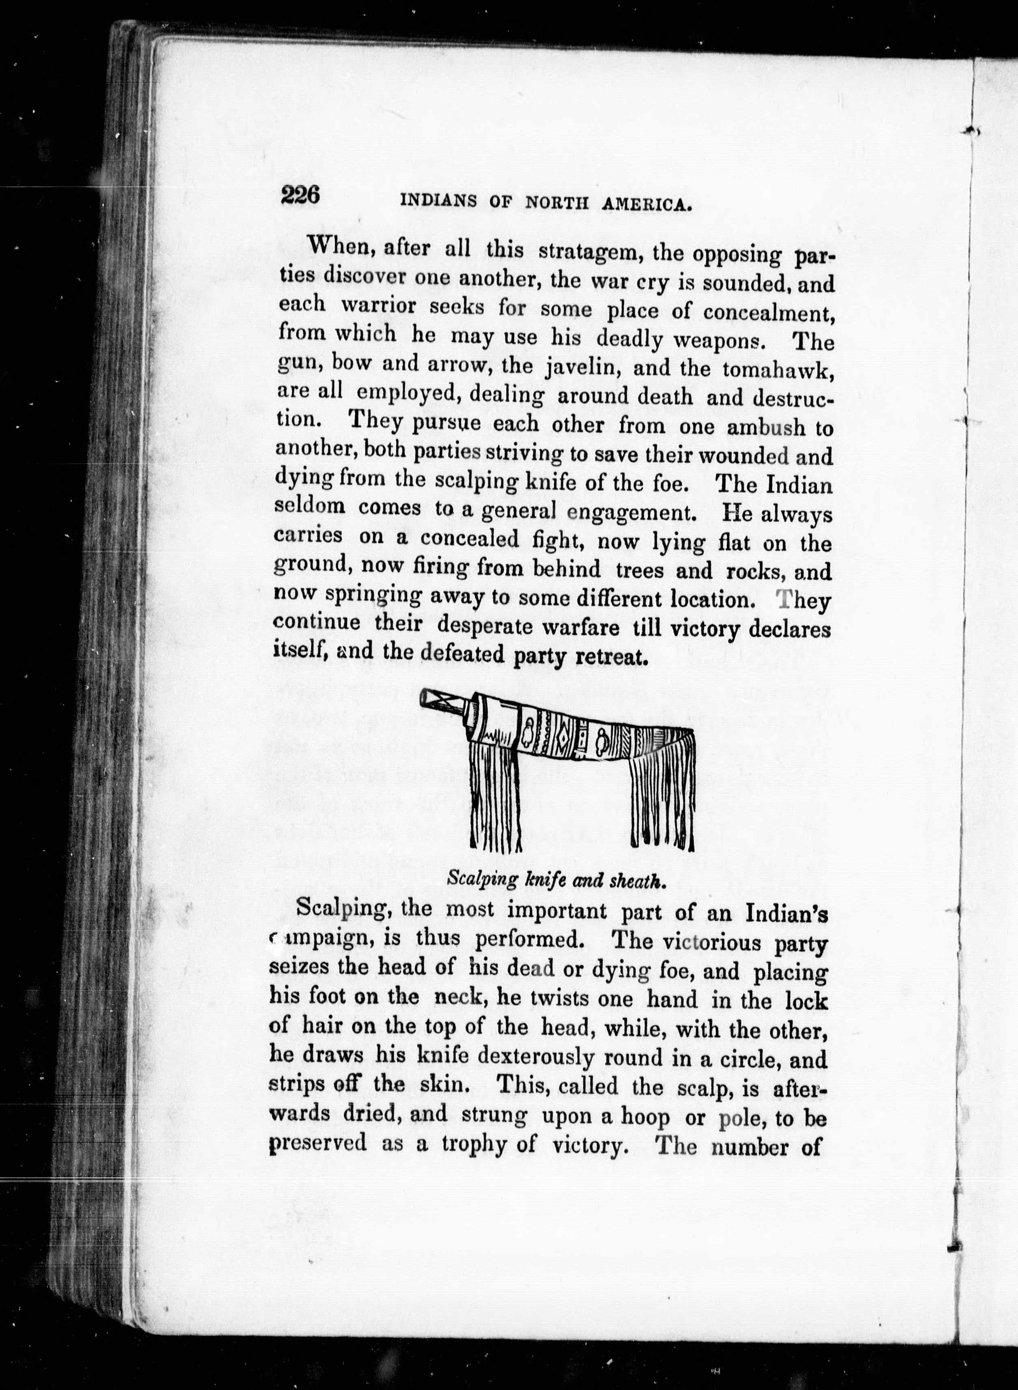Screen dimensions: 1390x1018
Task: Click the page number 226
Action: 301,195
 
